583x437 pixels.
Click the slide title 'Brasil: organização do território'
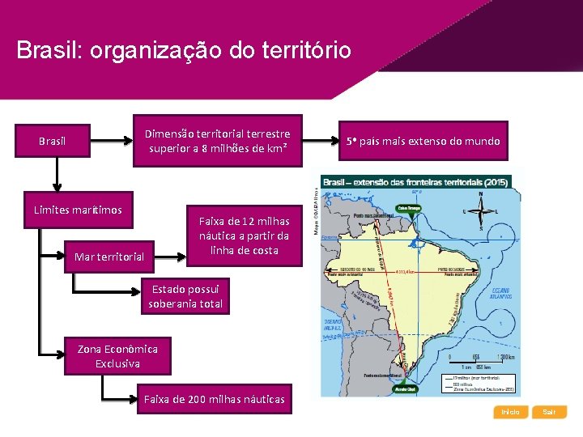184,51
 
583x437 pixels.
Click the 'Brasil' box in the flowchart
53,142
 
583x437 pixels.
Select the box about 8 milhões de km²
216,142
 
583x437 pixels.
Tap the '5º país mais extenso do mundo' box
423,142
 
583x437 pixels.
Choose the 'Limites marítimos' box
78,210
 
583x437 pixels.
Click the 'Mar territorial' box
109,257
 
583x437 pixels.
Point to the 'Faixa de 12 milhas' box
244,235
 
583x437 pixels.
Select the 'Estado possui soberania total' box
185,297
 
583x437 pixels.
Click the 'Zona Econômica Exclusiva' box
117,356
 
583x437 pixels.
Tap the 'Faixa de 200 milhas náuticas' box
214,399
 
